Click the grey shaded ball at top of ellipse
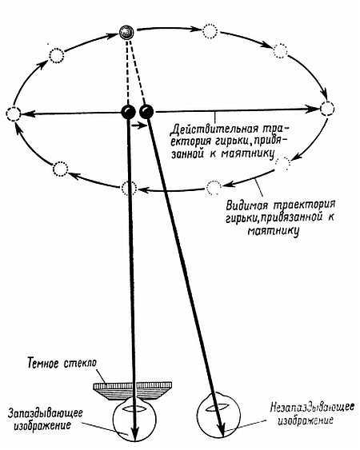click(x=126, y=33)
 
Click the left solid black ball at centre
click(x=128, y=112)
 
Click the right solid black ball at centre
click(x=146, y=112)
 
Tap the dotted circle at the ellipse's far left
click(x=14, y=114)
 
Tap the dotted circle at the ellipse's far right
click(x=327, y=109)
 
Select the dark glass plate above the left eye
click(x=133, y=391)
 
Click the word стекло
click(x=80, y=363)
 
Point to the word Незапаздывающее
click(x=312, y=408)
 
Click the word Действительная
click(x=214, y=129)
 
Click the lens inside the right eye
click(x=218, y=408)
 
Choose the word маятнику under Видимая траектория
click(x=274, y=231)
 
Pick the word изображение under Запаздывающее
click(x=42, y=425)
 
